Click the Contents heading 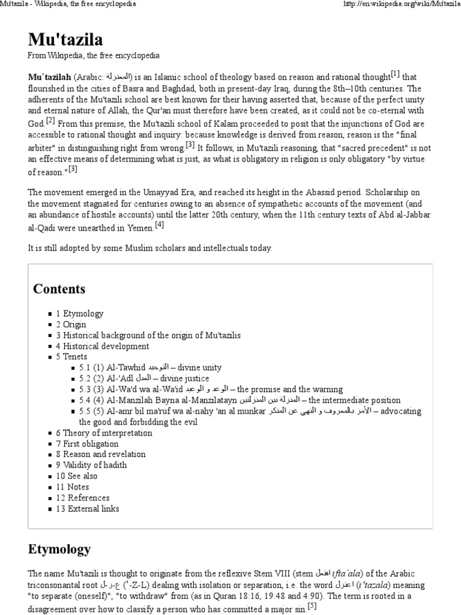point(59,289)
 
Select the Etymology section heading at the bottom point(59,548)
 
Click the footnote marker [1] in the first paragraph point(395,74)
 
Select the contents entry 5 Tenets point(72,357)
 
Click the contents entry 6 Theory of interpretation point(104,432)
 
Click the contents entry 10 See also point(76,476)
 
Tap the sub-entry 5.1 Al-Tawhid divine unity point(147,368)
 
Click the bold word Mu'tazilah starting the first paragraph point(49,77)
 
